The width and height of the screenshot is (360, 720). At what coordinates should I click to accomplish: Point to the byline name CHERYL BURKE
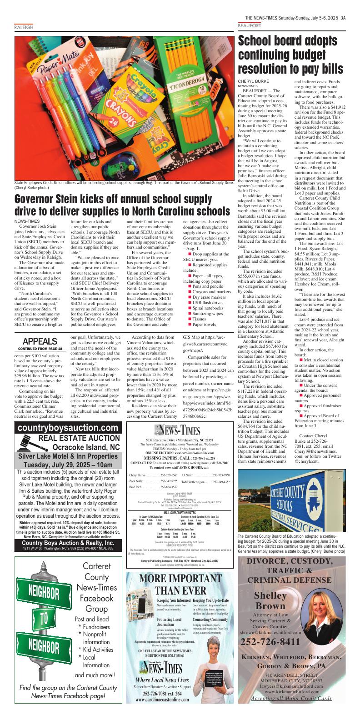tap(253, 81)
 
